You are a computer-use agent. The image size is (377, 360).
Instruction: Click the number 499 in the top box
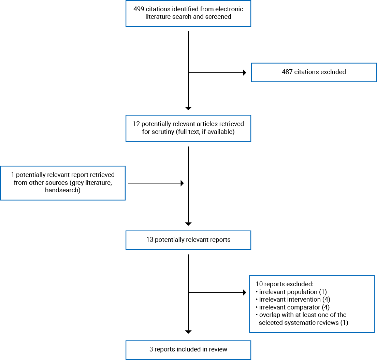point(139,9)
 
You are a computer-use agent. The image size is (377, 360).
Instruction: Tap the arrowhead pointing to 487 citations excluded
point(244,72)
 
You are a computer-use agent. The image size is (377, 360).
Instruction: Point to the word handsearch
point(63,190)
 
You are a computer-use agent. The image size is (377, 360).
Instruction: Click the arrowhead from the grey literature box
point(182,183)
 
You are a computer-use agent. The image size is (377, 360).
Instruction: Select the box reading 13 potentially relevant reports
point(188,240)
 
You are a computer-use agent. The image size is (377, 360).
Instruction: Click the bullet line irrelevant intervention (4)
point(292,300)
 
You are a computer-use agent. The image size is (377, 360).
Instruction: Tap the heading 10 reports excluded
point(284,284)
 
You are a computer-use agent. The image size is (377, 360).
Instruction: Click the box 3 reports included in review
point(188,349)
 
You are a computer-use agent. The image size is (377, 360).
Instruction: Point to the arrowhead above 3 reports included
point(188,332)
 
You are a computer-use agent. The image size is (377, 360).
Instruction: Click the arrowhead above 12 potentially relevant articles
point(188,108)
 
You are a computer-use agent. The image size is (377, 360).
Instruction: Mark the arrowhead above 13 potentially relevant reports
point(188,224)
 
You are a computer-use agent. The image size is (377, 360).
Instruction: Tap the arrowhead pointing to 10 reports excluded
point(244,292)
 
